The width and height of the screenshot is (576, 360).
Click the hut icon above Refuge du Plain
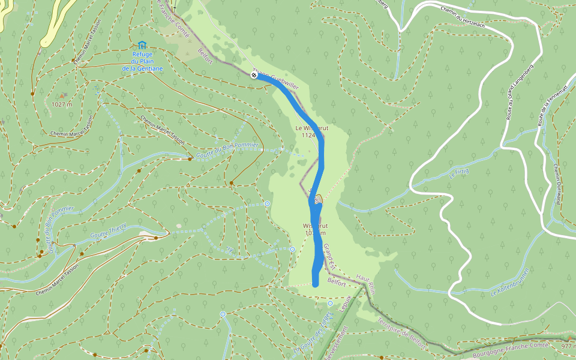pos(142,45)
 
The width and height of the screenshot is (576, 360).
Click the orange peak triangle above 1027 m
pos(62,95)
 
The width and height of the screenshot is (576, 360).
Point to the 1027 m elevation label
pos(62,104)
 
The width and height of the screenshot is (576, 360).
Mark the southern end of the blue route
pos(316,283)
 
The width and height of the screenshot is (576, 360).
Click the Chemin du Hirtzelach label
pos(463,11)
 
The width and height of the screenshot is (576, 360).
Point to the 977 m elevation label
pos(568,346)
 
